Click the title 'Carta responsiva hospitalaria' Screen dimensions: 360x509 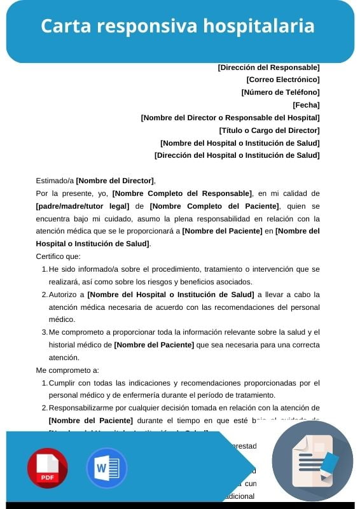tap(177, 26)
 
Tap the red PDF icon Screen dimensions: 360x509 tap(47, 468)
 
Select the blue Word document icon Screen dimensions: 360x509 tap(107, 468)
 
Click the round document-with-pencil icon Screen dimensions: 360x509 tap(312, 461)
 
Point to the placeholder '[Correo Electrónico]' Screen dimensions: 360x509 tap(282, 80)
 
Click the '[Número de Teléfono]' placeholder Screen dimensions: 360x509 tap(280, 92)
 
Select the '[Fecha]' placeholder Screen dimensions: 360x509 tap(306, 105)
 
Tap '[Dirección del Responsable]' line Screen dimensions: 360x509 tap(268, 67)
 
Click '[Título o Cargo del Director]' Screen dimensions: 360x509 tap(269, 130)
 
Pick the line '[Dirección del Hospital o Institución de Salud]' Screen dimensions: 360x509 tap(237, 155)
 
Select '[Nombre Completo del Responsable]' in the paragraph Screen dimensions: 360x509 tap(182, 193)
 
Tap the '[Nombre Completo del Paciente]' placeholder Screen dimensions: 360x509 tap(214, 206)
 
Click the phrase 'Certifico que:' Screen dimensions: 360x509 tap(59, 256)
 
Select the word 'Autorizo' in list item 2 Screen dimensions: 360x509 tap(65, 294)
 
